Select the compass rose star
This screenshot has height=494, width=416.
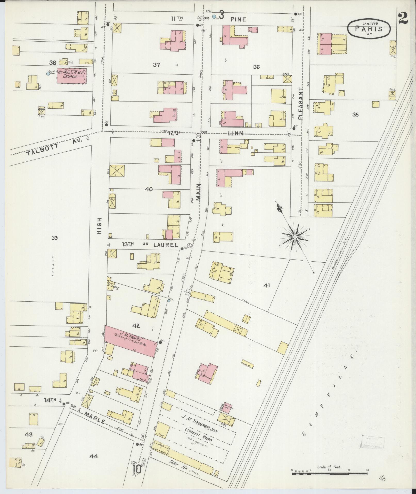point(295,237)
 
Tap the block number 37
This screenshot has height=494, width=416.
point(156,65)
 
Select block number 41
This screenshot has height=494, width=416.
point(266,286)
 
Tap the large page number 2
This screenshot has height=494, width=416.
point(403,19)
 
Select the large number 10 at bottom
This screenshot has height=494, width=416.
point(137,469)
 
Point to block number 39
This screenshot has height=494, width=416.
point(54,238)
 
